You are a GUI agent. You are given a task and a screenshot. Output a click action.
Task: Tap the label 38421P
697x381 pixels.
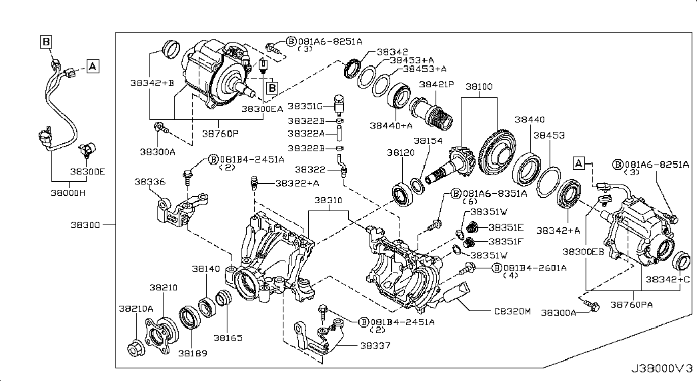[x=436, y=85]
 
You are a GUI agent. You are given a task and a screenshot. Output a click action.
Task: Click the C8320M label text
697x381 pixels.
[x=512, y=310]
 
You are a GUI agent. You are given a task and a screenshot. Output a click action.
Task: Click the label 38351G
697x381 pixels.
[x=305, y=106]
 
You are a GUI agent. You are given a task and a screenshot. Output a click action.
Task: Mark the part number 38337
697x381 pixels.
[x=376, y=345]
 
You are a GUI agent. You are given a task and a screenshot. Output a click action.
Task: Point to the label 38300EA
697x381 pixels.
[x=262, y=108]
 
